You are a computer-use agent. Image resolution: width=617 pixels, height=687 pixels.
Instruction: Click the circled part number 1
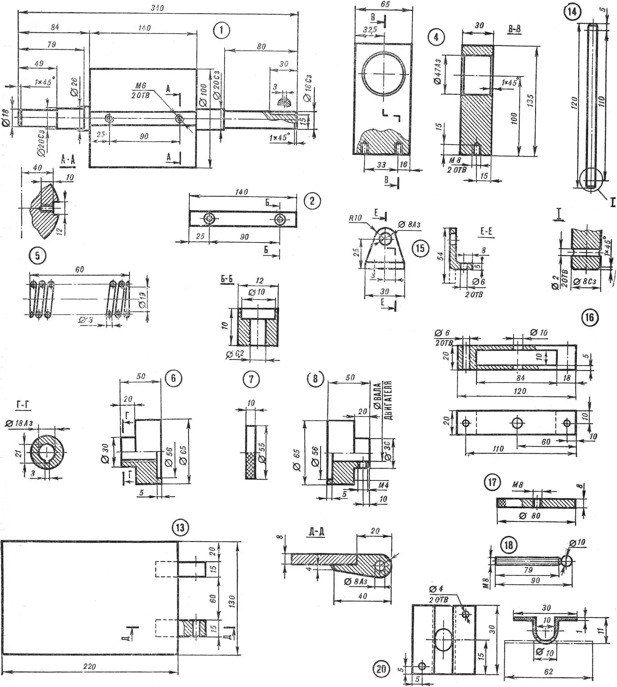221,30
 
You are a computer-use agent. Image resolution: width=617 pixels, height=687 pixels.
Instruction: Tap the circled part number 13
180,528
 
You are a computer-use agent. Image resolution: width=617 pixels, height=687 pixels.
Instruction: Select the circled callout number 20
381,669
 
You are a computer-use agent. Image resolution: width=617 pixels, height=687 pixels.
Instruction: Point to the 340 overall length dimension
157,8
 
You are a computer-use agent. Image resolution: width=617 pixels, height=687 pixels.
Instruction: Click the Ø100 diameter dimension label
204,95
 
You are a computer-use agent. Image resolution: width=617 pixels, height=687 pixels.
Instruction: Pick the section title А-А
68,160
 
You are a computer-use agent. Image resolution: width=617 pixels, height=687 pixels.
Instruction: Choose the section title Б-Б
227,279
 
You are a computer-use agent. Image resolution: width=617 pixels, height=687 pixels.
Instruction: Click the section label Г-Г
23,405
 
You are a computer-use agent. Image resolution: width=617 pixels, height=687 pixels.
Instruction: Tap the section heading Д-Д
317,531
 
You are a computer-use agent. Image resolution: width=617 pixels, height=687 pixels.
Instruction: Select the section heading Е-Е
486,231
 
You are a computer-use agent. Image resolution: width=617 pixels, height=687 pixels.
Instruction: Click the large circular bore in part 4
384,74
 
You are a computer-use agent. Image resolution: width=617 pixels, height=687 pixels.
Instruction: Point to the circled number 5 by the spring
37,256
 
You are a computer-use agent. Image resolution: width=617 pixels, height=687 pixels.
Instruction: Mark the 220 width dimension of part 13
90,666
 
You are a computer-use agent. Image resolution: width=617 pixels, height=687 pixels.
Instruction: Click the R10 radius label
355,218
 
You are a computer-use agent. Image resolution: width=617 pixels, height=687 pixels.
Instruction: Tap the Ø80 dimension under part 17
530,516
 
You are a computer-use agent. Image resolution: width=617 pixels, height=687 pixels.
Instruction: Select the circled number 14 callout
572,12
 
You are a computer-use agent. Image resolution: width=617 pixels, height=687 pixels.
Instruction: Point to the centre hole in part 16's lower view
517,423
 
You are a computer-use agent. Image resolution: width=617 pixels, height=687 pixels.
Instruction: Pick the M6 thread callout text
140,85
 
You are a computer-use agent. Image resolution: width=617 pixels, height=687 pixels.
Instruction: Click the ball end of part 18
567,561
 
